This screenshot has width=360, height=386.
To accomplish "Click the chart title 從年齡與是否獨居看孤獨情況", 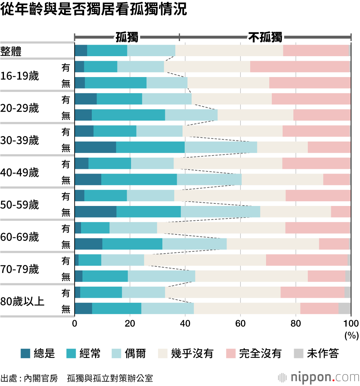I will pyautogui.click(x=94, y=10).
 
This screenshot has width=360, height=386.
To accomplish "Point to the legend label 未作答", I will pyautogui.click(x=323, y=354).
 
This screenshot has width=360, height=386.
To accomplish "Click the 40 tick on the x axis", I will pyautogui.click(x=185, y=323).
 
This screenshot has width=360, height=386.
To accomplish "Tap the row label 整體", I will pyautogui.click(x=11, y=51).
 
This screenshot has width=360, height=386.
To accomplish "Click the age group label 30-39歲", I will pyautogui.click(x=20, y=140).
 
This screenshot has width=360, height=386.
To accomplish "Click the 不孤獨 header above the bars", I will pyautogui.click(x=265, y=37).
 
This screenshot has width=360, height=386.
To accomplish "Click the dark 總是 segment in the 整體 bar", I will pyautogui.click(x=81, y=51).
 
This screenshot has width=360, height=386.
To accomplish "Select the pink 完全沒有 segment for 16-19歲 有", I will pyautogui.click(x=300, y=67).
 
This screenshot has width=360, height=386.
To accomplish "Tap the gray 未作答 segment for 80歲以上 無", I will pyautogui.click(x=345, y=309).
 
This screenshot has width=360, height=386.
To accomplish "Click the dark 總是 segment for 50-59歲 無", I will pyautogui.click(x=95, y=212).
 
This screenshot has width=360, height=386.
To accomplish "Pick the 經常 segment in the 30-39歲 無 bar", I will pyautogui.click(x=150, y=147).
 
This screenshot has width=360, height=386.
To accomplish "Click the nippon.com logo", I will pyautogui.click(x=318, y=377).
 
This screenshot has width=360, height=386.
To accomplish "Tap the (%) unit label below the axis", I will pyautogui.click(x=351, y=336).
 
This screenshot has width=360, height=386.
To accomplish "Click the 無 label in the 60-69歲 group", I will pyautogui.click(x=66, y=244).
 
